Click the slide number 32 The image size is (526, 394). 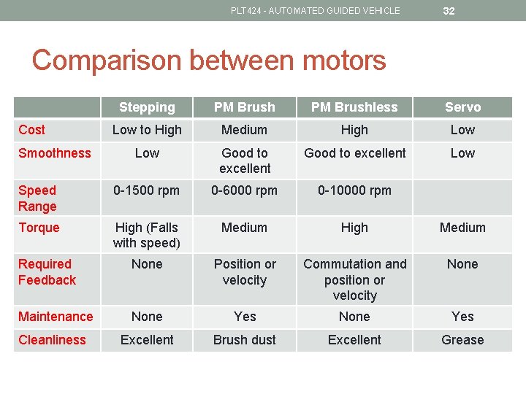[449, 11]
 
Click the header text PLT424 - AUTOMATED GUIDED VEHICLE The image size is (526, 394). [315, 11]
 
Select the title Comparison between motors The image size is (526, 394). [209, 60]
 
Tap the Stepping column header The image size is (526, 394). [147, 107]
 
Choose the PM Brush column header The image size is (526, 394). [245, 107]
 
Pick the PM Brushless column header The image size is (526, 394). [354, 107]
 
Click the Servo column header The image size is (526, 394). [462, 107]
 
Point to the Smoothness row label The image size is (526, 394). [55, 153]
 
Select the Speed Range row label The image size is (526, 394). [37, 198]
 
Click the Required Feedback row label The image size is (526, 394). [47, 271]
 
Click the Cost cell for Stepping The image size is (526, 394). [147, 130]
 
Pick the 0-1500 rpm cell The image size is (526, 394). [147, 190]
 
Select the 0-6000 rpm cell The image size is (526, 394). [245, 190]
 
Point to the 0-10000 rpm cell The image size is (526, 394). [354, 190]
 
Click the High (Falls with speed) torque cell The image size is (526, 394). [147, 235]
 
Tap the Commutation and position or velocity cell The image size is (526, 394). [354, 279]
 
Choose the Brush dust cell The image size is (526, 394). [245, 340]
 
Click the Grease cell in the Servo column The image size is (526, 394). [462, 340]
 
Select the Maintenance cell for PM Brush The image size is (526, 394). [245, 317]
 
